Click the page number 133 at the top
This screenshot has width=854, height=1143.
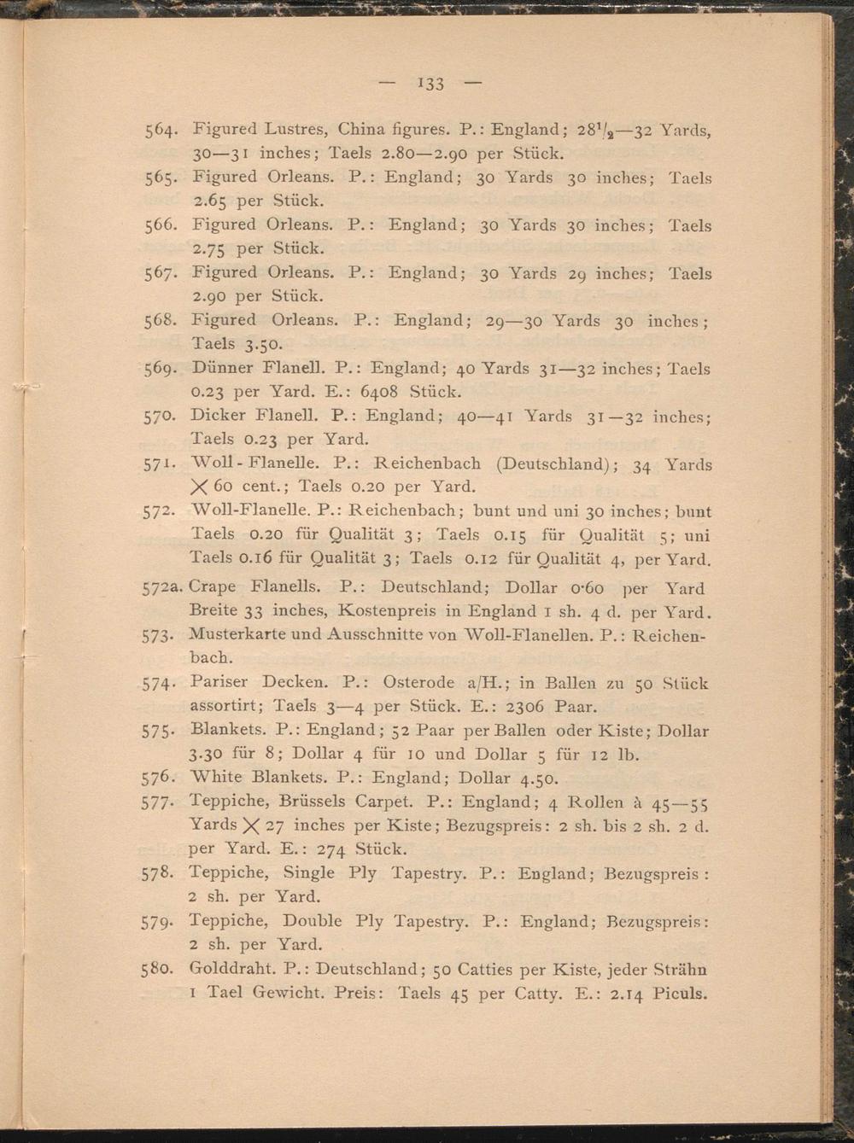431,83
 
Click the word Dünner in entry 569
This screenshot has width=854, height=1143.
221,368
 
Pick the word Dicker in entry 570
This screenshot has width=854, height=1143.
219,416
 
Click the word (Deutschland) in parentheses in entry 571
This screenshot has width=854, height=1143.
551,464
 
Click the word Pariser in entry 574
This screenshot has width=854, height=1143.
219,682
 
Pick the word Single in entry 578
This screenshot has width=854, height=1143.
308,873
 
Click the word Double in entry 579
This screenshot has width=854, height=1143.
312,921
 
